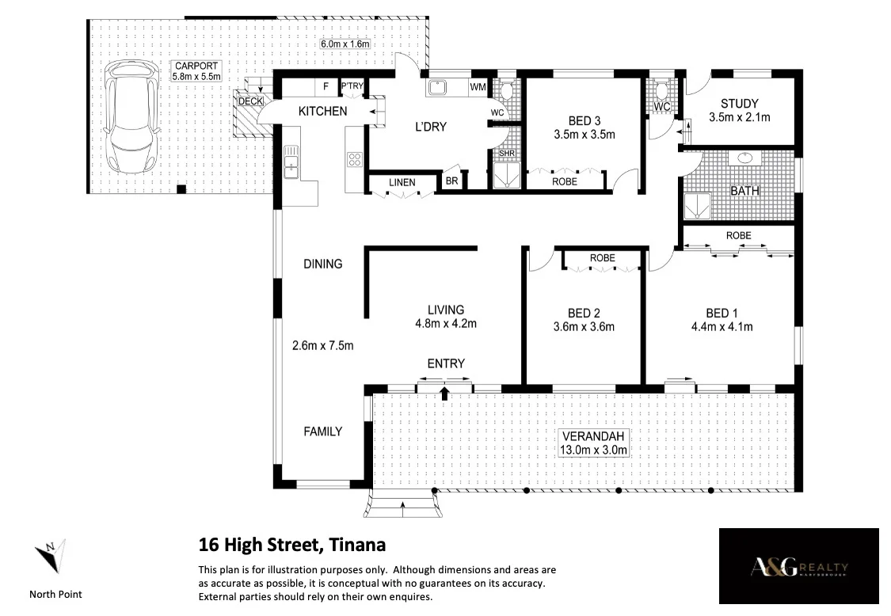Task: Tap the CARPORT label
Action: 196,66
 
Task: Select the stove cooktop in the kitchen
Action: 354,159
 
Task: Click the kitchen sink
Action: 291,161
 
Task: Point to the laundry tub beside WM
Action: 437,88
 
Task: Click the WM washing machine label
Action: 478,87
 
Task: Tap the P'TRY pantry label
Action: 352,86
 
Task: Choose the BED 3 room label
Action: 584,120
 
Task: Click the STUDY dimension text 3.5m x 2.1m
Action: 739,117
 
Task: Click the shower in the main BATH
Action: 697,206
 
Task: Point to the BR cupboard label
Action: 451,181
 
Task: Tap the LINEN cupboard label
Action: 402,182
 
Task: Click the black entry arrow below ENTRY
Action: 445,393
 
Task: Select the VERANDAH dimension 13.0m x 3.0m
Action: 593,450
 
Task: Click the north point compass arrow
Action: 51,555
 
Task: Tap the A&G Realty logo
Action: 799,566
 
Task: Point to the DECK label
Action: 250,101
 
